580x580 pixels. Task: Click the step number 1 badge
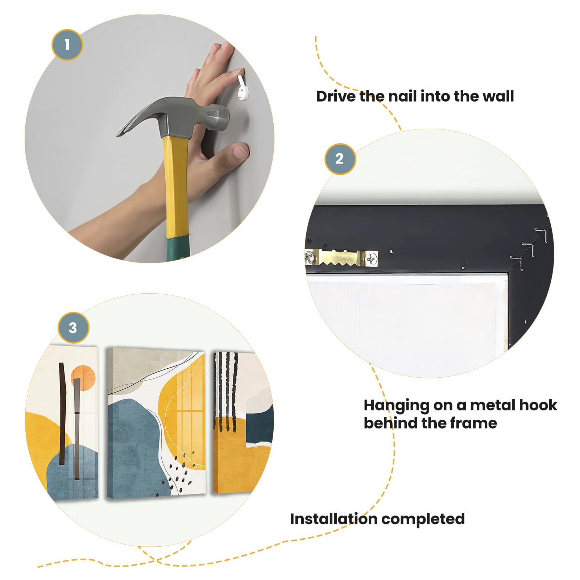click(67, 45)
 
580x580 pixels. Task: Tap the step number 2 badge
click(340, 159)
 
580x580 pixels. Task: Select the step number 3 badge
click(73, 328)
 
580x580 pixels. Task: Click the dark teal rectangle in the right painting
click(260, 425)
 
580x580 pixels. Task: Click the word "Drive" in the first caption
click(335, 96)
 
